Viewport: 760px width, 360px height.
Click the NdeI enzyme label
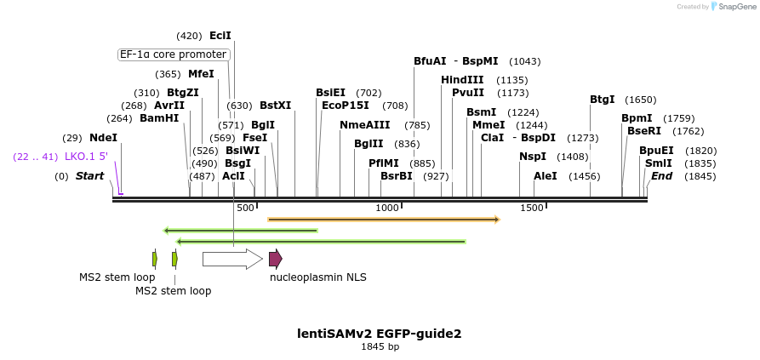tap(103, 138)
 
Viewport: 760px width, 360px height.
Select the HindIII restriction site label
tap(462, 80)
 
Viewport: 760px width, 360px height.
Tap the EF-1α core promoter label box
tap(174, 54)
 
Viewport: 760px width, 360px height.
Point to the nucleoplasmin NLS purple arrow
tap(275, 259)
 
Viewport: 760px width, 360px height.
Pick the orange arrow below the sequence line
tap(383, 220)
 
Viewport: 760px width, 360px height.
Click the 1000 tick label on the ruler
tap(387, 208)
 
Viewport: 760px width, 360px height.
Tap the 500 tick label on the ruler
tap(245, 208)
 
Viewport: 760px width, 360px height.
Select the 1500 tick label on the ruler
tap(532, 208)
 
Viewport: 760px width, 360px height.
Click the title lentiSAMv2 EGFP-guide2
tap(380, 334)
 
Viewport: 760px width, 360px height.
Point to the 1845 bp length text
tap(380, 346)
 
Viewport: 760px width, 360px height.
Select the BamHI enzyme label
tap(159, 118)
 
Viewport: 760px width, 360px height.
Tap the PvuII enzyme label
tap(468, 93)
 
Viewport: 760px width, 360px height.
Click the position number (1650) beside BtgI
tap(640, 100)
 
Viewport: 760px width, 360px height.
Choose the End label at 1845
tap(661, 176)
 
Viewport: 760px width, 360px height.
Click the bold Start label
tap(89, 176)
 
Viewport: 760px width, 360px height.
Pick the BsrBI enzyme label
tap(396, 176)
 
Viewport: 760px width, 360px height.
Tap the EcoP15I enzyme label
tap(346, 106)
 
